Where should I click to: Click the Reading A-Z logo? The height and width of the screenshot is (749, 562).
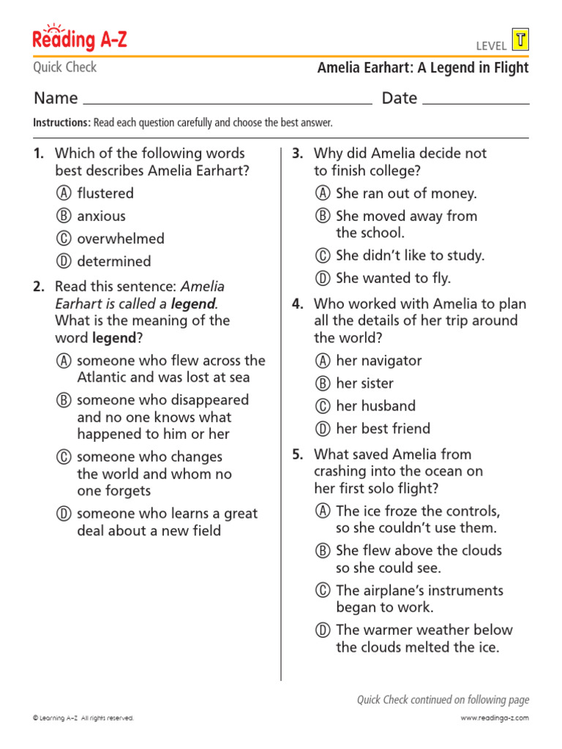80,39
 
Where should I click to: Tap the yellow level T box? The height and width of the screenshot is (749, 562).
520,41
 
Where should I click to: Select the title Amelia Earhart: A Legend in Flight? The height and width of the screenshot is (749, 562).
422,68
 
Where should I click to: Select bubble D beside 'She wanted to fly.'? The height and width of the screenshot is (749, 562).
322,279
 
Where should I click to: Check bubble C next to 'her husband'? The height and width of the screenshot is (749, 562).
322,407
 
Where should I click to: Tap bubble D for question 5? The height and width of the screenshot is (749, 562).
322,631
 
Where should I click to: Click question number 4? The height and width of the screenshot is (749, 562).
298,304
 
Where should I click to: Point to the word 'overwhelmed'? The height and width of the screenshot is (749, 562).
121,239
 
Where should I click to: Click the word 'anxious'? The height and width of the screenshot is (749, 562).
101,217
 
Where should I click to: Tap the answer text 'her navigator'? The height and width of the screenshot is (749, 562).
378,361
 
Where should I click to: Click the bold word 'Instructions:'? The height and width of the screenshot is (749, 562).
61,123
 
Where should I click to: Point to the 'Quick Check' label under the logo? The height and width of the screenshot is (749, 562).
64,67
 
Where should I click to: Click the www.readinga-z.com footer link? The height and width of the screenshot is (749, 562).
494,718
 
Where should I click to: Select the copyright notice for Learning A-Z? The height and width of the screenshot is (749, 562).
83,718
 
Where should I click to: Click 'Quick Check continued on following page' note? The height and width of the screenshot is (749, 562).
442,700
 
